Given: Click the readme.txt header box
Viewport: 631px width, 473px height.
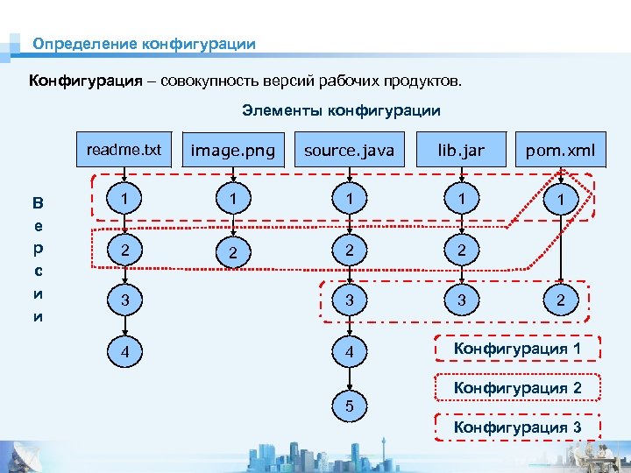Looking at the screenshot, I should click(124, 150).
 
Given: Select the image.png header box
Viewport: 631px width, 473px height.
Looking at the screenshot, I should click(233, 151).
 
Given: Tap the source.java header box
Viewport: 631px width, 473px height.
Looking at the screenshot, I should click(349, 151).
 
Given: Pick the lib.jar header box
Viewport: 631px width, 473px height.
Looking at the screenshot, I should click(461, 151).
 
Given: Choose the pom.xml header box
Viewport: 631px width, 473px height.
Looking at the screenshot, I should click(560, 151).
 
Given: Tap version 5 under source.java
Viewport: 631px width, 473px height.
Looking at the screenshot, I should click(349, 406).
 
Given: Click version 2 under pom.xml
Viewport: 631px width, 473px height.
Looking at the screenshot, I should click(560, 302).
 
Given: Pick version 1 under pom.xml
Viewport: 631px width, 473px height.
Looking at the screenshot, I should click(560, 201).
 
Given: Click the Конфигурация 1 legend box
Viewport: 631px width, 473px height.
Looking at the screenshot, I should click(517, 349).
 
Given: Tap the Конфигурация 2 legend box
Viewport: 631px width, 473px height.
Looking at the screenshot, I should click(517, 388).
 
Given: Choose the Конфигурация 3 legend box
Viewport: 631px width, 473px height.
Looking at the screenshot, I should click(517, 427).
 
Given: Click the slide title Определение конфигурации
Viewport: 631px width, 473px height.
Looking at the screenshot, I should click(145, 43).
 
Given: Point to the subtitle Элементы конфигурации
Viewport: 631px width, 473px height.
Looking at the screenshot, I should click(341, 110).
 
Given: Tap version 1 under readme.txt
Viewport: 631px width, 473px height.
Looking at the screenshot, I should click(128, 200).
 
